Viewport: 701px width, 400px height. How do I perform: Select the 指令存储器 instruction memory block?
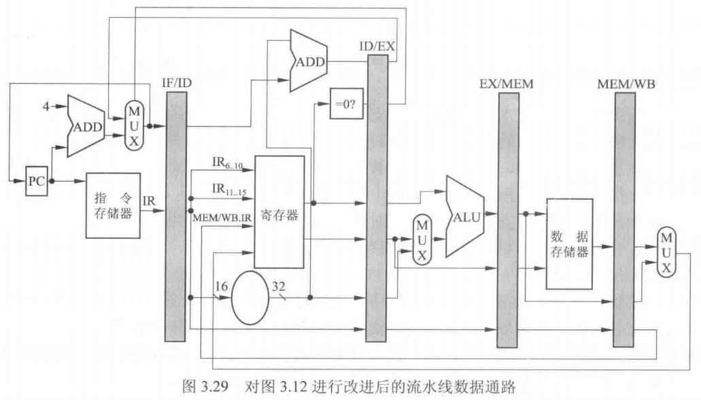tap(114, 204)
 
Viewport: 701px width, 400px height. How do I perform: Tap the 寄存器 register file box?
tap(279, 212)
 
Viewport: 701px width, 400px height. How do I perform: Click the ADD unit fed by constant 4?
tap(85, 125)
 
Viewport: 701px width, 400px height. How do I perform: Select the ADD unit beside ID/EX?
tap(309, 63)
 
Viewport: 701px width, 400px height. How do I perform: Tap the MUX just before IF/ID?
tap(135, 124)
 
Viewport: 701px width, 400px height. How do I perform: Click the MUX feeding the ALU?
tap(422, 239)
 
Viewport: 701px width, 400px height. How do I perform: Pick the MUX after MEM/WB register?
tap(666, 252)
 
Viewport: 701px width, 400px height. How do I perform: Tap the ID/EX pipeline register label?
tap(377, 46)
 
